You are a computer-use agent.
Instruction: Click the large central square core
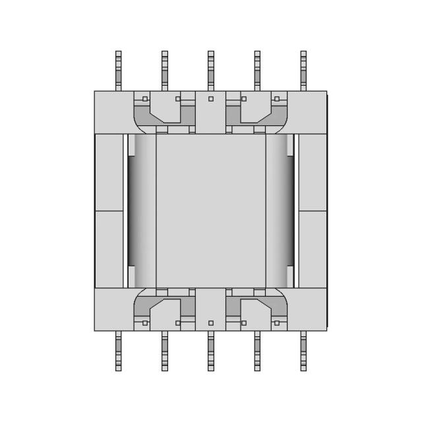[211, 211]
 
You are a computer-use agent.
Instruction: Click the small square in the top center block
[211, 99]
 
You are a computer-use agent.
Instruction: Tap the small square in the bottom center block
[211, 323]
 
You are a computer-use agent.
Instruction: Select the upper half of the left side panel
[109, 172]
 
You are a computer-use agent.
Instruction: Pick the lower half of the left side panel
[109, 249]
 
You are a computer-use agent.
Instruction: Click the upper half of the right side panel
[313, 172]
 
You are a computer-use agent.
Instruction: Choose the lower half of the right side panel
[313, 249]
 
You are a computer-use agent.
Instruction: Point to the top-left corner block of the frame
[113, 112]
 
